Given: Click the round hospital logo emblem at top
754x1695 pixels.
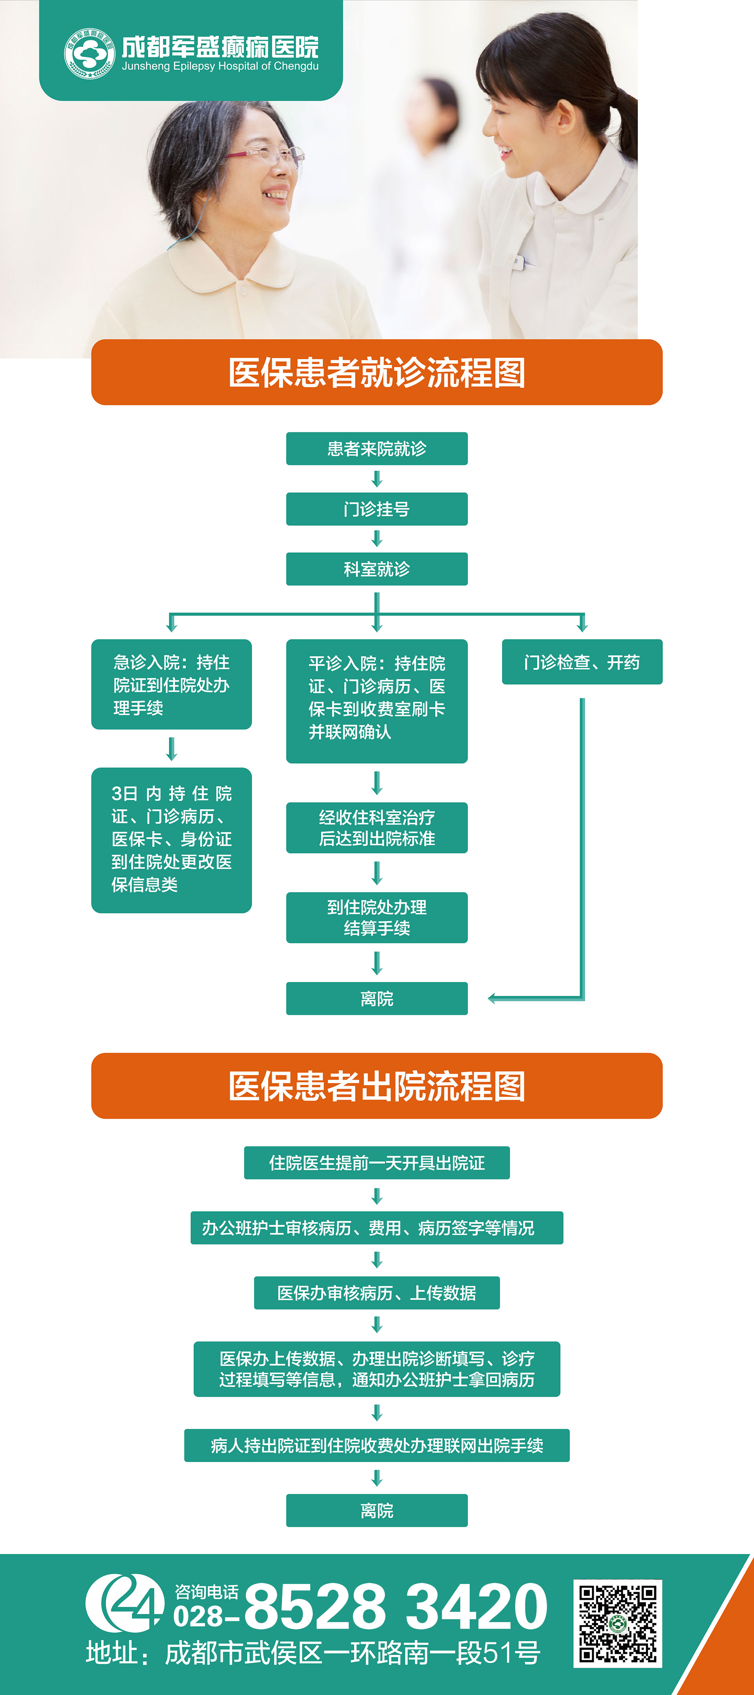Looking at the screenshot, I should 89,53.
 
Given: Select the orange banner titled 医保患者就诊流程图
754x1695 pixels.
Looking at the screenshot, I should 377,372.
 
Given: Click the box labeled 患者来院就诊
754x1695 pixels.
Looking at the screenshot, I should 377,449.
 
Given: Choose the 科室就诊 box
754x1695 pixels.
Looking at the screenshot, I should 377,569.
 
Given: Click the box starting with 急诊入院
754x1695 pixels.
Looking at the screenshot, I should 171,684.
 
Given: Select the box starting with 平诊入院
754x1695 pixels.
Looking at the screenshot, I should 377,701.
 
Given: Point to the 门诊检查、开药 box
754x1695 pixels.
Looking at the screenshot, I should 582,662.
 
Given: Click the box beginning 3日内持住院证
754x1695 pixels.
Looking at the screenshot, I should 171,840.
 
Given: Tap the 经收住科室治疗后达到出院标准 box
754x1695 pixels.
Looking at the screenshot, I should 377,828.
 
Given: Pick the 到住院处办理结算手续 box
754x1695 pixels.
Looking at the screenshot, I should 377,918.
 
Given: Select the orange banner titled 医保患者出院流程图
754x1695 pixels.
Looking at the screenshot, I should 377,1086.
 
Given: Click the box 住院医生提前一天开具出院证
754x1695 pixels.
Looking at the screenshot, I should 377,1163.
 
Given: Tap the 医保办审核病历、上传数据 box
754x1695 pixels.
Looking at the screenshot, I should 377,1293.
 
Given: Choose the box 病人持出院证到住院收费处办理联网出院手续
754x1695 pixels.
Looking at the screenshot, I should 377,1445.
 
